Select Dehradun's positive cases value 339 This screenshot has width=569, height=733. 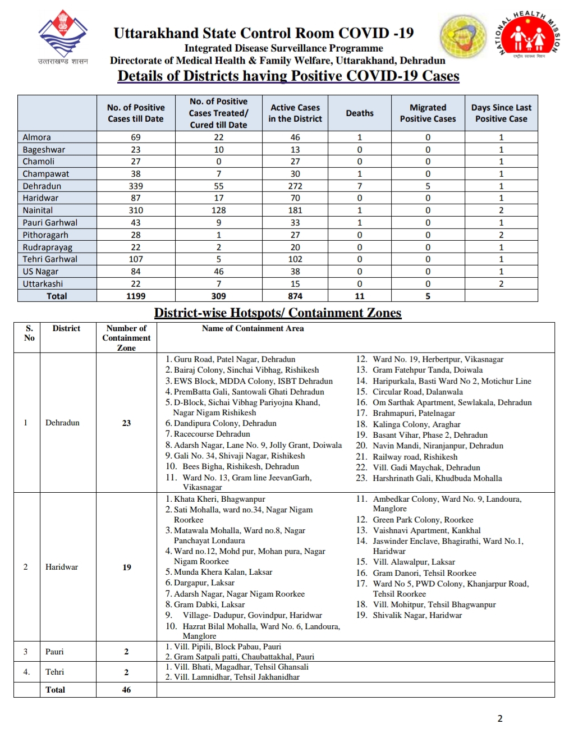point(136,186)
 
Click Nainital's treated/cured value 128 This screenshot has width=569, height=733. point(219,210)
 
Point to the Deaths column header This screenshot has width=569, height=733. point(360,113)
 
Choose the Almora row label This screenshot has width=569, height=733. point(37,138)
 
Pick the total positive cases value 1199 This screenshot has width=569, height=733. point(136,296)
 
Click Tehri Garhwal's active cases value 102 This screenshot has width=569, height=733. point(295,259)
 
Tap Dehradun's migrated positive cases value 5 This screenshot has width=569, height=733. point(428,186)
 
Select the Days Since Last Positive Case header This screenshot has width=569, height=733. point(501,113)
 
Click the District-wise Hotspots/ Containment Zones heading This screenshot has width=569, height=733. point(278,313)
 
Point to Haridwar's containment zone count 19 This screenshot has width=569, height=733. point(127,567)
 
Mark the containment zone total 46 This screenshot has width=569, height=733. point(127,690)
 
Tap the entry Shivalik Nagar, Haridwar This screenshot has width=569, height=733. point(417,615)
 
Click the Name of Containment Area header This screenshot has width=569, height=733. point(253,328)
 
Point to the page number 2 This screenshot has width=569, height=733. point(500,718)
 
